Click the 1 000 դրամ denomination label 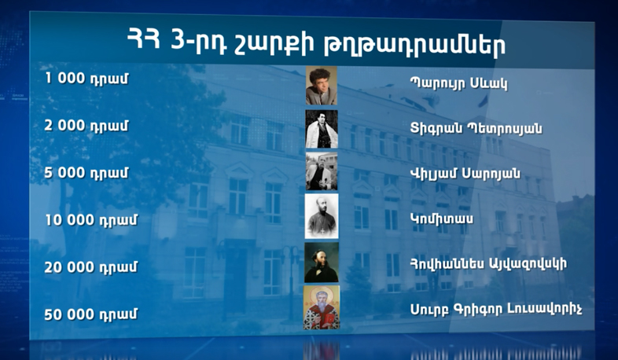pos(86,79)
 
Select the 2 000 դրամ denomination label pos(86,126)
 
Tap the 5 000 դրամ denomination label pos(86,172)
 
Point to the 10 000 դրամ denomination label pos(91,219)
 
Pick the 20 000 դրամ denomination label pos(91,266)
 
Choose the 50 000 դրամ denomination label pos(91,314)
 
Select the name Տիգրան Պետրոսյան pos(476,128)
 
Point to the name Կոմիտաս pos(441,219)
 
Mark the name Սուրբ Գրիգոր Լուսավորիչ pos(495,307)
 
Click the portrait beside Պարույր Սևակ pos(321,86)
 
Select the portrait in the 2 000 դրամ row pos(321,129)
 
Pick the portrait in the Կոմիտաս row pos(321,215)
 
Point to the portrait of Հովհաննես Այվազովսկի pos(321,263)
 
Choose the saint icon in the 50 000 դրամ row pos(321,307)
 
